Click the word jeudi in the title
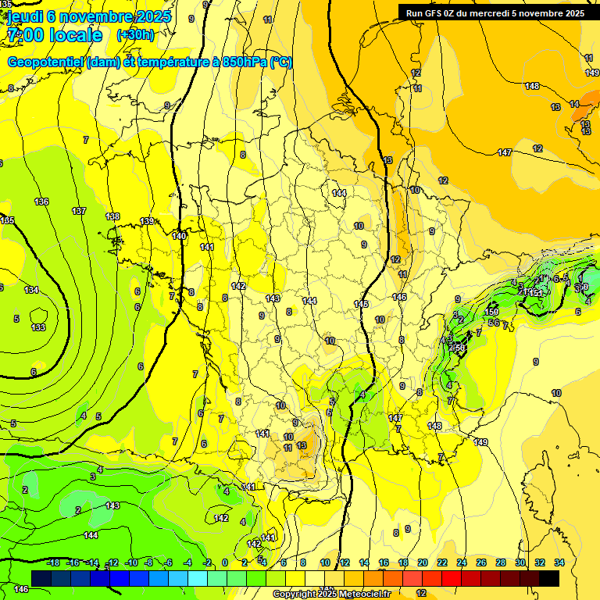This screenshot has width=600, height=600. tap(23, 17)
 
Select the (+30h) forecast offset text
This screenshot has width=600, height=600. tap(135, 35)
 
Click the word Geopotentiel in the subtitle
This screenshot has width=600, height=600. tap(45, 62)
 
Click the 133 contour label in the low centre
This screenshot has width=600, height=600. tap(38, 327)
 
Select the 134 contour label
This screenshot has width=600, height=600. tap(31, 290)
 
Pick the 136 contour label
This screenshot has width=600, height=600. tap(41, 202)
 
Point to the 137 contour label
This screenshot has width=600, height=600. tap(79, 212)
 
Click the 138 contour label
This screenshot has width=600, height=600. tap(112, 216)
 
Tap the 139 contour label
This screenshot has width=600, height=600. tap(148, 221)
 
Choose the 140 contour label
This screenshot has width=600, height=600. tap(179, 235)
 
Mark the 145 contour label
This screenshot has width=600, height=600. tap(361, 304)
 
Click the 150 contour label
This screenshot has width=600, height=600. tap(491, 312)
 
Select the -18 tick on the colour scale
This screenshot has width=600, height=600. tap(53, 562)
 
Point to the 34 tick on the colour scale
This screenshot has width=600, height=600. tap(559, 562)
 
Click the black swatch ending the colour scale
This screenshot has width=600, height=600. tap(549, 578)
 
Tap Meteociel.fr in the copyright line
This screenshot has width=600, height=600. tap(361, 595)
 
